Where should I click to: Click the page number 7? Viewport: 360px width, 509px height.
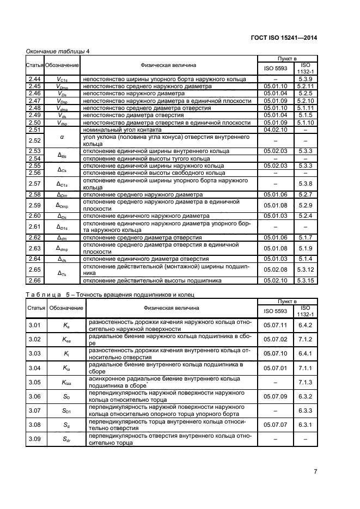pyautogui.click(x=331, y=471)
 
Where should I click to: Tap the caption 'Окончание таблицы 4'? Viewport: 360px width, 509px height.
pyautogui.click(x=58, y=51)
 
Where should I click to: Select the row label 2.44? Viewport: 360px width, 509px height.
pyautogui.click(x=34, y=79)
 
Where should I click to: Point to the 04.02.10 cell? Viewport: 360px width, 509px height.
pyautogui.click(x=274, y=130)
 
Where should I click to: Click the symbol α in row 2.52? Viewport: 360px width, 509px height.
pyautogui.click(x=62, y=137)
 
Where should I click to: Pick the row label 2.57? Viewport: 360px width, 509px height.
pyautogui.click(x=34, y=183)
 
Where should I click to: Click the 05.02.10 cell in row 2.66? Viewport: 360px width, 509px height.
pyautogui.click(x=274, y=281)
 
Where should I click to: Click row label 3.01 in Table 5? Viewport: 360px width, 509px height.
pyautogui.click(x=35, y=326)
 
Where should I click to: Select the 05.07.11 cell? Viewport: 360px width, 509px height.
pyautogui.click(x=274, y=326)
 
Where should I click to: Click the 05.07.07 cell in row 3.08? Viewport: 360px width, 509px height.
pyautogui.click(x=274, y=425)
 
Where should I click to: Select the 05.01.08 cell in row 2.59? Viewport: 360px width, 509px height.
pyautogui.click(x=274, y=205)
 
